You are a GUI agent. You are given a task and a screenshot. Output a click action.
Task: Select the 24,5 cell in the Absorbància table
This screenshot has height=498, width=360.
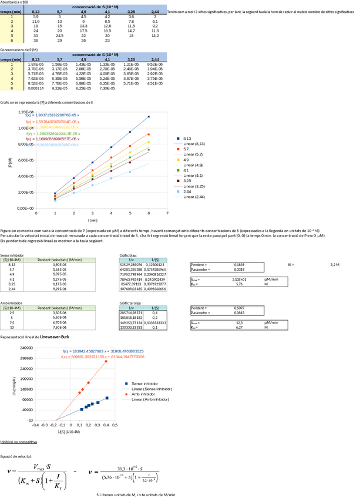point(59,36)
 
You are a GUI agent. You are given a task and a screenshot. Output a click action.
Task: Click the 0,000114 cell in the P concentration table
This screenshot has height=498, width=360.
point(35,88)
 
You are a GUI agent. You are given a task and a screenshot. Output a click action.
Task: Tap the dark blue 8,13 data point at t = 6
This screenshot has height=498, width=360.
point(149,116)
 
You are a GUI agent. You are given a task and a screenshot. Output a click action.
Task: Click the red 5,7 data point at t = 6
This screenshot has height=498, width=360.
point(149,134)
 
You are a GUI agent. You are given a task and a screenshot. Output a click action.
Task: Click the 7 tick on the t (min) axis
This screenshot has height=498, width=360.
point(167,213)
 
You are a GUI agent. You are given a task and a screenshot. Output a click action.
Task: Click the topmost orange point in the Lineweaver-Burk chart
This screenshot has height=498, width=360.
point(106,361)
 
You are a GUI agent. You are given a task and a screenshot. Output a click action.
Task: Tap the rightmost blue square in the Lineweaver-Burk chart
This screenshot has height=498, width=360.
point(107,398)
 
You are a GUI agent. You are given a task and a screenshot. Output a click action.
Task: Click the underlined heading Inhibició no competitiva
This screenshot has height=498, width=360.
point(19,440)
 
